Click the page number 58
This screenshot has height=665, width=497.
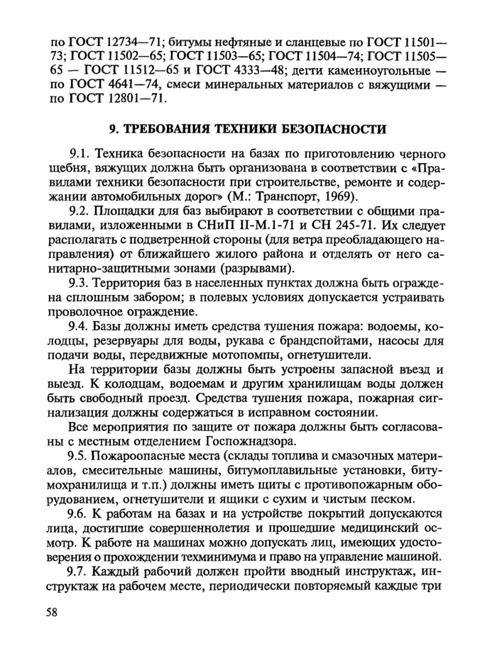[47, 614]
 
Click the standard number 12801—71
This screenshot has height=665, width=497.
[129, 99]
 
